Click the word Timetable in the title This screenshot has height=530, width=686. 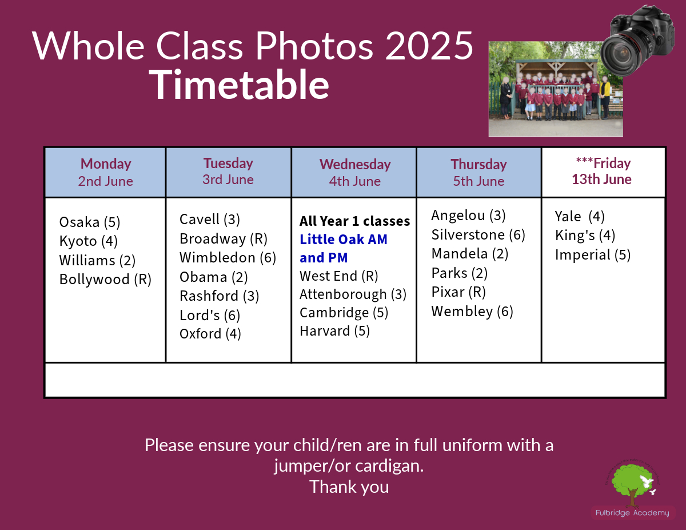(239, 85)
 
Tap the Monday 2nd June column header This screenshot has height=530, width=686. (105, 172)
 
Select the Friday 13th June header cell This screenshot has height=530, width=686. (603, 172)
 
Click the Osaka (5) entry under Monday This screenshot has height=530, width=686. (90, 222)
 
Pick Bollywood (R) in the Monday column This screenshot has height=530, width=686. (105, 280)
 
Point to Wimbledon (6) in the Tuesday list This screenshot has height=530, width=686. (228, 258)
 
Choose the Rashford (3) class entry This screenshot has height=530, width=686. (220, 296)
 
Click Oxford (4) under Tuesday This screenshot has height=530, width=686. (210, 334)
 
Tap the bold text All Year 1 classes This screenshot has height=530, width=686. (355, 221)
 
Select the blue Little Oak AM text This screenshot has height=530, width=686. (344, 240)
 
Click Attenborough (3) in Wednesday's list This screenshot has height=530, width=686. (353, 294)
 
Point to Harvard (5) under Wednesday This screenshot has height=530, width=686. (334, 331)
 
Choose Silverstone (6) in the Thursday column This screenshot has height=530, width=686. (478, 235)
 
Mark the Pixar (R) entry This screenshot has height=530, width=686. (458, 292)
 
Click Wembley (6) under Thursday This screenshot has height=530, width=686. (472, 312)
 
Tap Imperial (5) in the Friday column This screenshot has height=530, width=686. (593, 255)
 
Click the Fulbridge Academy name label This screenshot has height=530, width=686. (632, 513)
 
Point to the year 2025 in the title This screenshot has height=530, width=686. (429, 46)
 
